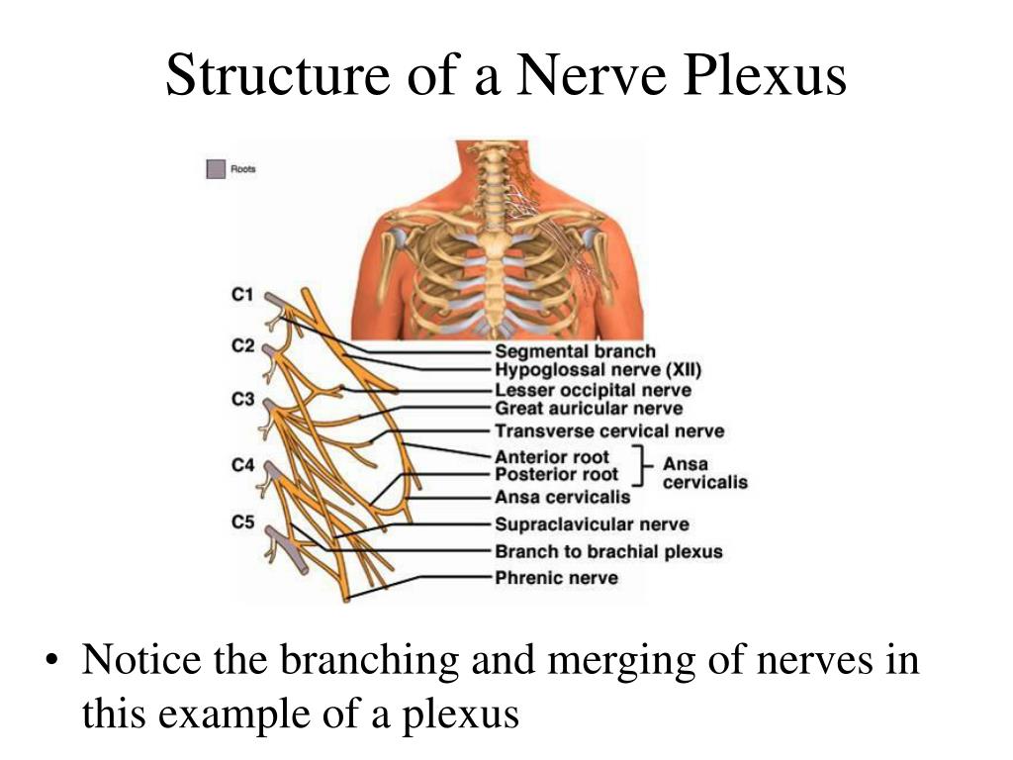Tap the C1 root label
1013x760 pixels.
click(242, 294)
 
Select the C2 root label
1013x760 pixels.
click(242, 346)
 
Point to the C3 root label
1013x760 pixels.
click(242, 400)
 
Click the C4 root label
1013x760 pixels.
click(242, 464)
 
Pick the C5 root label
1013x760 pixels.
click(242, 521)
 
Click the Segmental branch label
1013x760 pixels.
click(575, 351)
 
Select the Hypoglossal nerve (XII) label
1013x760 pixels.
click(598, 371)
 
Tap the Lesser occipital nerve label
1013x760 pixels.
click(593, 391)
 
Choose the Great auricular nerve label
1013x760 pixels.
click(589, 409)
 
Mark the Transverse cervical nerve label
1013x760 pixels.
click(609, 431)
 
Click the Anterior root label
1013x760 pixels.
click(552, 457)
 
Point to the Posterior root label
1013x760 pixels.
click(556, 475)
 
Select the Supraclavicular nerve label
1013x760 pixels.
click(592, 524)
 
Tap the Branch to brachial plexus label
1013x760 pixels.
click(608, 551)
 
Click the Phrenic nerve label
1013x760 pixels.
click(556, 578)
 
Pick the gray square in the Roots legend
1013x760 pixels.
click(215, 169)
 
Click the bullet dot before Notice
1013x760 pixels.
click(54, 661)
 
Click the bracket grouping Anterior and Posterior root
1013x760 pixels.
click(646, 466)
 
